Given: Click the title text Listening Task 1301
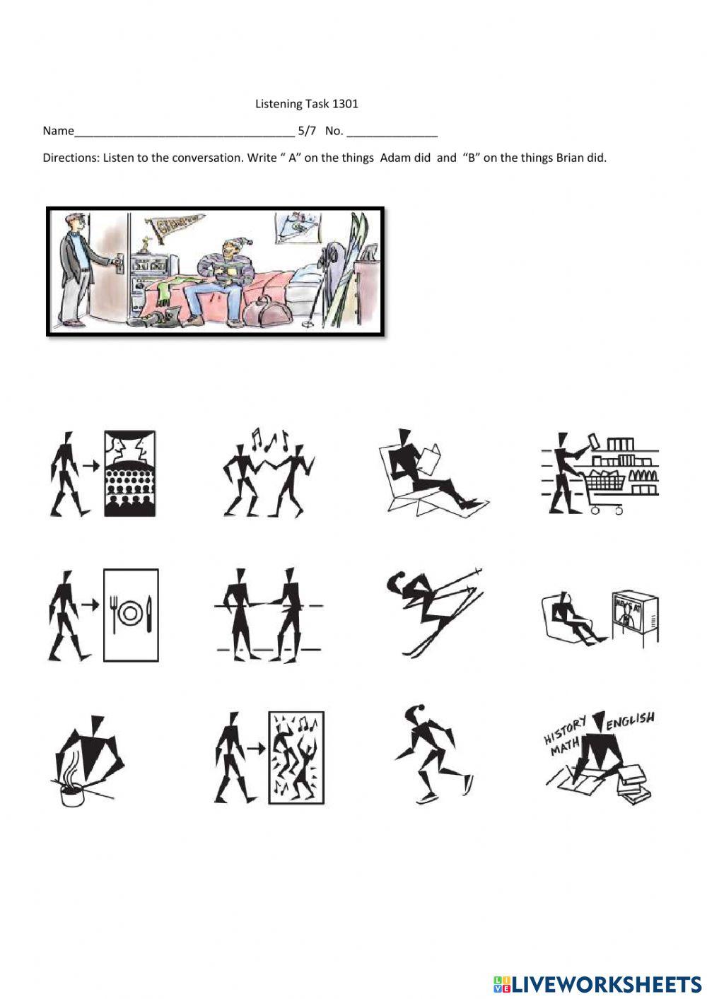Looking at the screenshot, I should (x=307, y=104).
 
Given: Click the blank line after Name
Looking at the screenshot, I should (x=184, y=132).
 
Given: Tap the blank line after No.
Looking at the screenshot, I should (x=392, y=132).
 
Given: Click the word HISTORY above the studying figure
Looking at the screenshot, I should (x=565, y=730).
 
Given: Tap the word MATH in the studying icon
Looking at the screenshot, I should (x=566, y=745).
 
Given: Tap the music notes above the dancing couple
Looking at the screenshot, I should (x=269, y=440).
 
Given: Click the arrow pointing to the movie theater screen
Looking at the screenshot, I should (x=89, y=466).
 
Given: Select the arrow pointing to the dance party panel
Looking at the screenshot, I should (x=255, y=748).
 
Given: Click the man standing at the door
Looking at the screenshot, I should (x=76, y=269).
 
